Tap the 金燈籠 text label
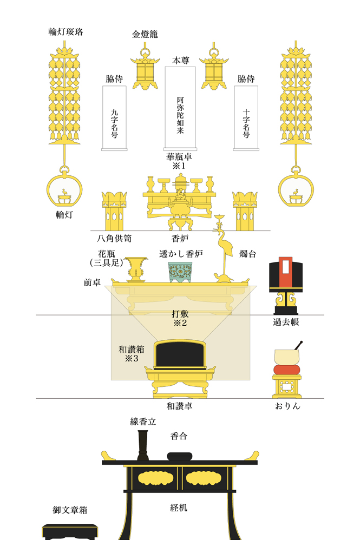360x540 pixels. pos(145,34)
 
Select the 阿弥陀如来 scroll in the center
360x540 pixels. pos(180,108)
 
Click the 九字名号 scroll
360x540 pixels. pos(114,117)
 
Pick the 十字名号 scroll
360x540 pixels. pos(246,117)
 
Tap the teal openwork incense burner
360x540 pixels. pos(180,272)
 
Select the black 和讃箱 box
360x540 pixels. pos(180,355)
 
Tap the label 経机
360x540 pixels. pos(179,508)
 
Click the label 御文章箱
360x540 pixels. pos(70,510)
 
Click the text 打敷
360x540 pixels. pos(180,313)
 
